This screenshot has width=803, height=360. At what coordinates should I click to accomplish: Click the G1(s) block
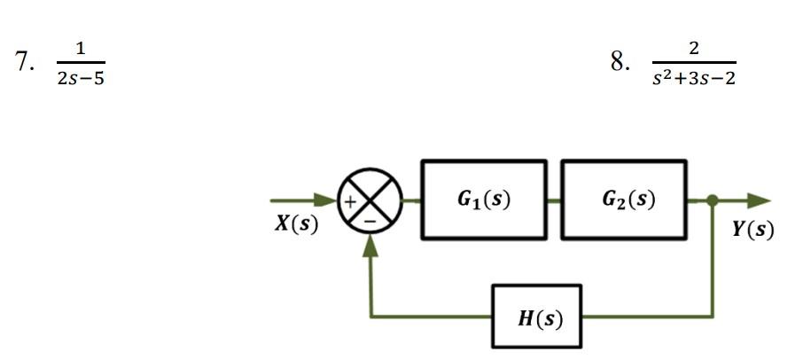click(484, 200)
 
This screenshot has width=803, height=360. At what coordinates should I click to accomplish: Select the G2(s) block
click(624, 200)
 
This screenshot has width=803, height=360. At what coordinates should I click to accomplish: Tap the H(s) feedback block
click(539, 317)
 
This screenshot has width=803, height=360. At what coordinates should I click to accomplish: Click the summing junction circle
click(370, 200)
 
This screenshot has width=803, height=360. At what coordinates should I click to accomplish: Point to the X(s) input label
click(296, 224)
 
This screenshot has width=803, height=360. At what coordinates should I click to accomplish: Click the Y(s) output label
click(752, 229)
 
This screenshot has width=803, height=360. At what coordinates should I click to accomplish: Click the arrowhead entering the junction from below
click(370, 245)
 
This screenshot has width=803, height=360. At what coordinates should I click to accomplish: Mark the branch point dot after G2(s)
click(713, 201)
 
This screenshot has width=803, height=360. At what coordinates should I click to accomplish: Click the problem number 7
click(24, 62)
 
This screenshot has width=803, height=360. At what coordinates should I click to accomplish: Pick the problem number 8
click(620, 62)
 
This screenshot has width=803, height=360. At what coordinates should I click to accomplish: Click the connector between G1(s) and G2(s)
click(554, 200)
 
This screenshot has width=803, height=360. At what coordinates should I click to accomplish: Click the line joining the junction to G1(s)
click(413, 200)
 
